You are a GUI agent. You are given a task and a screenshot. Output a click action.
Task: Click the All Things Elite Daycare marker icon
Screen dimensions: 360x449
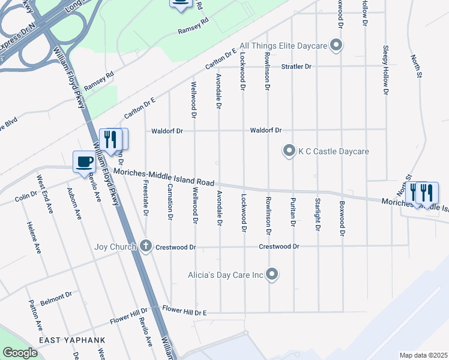click(336, 45)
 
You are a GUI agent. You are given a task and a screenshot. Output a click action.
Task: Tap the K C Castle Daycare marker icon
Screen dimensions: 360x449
click(289, 151)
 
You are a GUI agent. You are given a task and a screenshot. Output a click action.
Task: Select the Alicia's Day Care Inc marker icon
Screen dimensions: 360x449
click(272, 275)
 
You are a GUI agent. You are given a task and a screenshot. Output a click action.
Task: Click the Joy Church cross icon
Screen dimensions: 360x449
click(145, 246)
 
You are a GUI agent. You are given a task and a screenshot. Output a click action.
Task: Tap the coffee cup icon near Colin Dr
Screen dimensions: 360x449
click(83, 161)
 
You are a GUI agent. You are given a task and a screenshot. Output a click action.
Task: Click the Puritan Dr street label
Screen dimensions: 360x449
click(293, 212)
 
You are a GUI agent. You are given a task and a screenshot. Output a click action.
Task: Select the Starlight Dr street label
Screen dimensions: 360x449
click(318, 214)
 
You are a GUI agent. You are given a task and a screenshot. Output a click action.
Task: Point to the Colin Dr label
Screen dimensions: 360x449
click(26, 196)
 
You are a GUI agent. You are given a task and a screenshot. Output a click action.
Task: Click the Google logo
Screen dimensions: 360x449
click(20, 353)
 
